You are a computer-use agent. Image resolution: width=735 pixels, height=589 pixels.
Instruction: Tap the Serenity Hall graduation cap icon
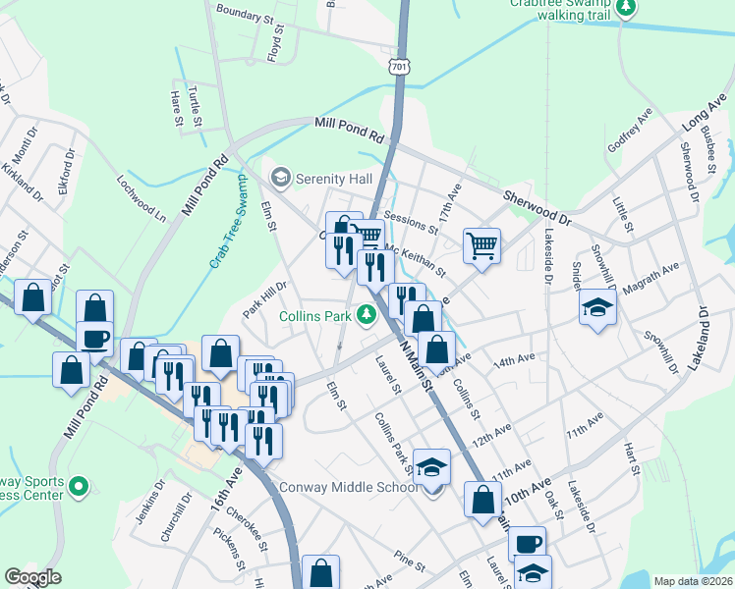pos(281,178)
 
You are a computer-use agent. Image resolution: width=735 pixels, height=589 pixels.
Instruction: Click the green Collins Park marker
pos(367,315)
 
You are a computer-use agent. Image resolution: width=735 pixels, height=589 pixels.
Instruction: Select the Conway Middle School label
pos(364,488)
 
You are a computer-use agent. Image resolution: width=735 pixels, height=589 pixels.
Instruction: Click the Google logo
pos(31,577)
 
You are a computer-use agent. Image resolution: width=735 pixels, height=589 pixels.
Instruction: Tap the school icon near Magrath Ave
pos(596,307)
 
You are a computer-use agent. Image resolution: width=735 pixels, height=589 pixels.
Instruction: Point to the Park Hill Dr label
pos(264,299)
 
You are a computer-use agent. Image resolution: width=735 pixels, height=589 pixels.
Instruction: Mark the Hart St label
pos(631,459)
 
